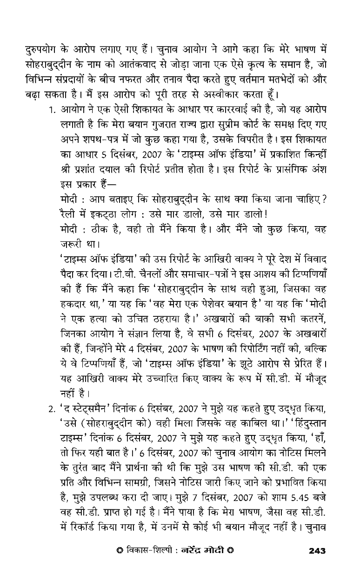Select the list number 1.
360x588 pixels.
tap(52, 110)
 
